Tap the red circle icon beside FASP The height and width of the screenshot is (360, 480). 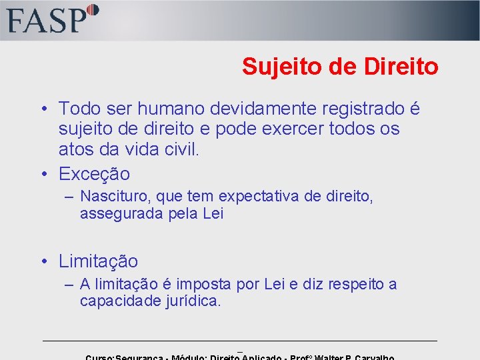tap(93, 10)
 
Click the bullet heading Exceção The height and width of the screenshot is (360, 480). tap(94, 175)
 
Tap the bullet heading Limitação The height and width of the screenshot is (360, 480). tap(98, 261)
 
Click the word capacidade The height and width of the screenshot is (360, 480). tap(119, 301)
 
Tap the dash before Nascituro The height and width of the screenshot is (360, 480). tap(69, 197)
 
